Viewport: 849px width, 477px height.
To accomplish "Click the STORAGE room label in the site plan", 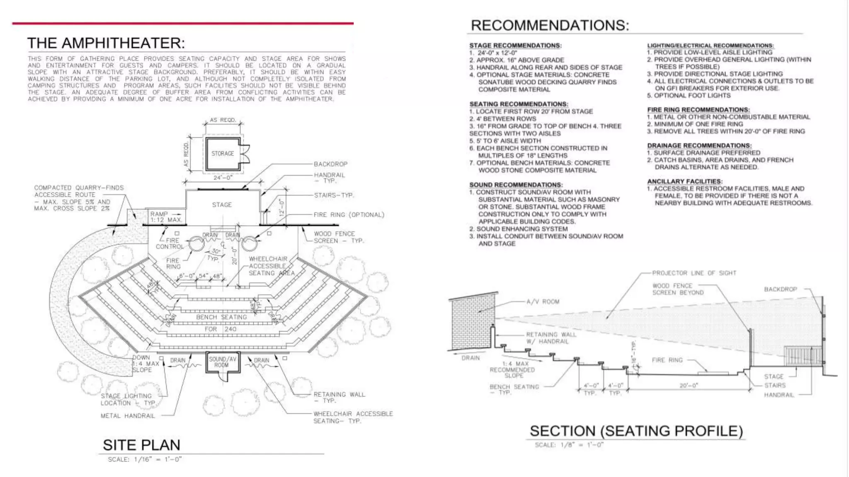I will [223, 154].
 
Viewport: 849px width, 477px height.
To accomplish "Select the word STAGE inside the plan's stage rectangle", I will [222, 205].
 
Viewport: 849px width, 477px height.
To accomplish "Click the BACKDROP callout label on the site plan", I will [330, 164].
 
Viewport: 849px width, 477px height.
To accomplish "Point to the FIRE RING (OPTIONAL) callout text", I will [349, 215].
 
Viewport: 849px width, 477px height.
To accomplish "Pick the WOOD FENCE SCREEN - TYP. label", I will [338, 237].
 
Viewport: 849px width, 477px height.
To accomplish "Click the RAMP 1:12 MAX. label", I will [165, 217].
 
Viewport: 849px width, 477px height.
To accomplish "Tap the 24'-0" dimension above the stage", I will [223, 178].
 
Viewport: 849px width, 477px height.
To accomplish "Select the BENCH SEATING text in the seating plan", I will [221, 317].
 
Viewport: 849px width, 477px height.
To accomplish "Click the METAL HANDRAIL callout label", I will [128, 416].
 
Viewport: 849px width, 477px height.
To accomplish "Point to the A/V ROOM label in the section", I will [543, 302].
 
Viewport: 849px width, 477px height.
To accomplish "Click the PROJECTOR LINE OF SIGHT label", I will [694, 273].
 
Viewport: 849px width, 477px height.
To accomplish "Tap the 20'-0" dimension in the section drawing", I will [689, 385].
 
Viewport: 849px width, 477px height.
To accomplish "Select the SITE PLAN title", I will [141, 445].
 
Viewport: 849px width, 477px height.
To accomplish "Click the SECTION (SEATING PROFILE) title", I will [636, 431].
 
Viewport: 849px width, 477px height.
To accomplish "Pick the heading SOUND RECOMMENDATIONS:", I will [516, 185].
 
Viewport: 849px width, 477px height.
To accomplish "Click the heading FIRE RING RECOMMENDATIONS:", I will [698, 110].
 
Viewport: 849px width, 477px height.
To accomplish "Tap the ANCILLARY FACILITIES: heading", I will [684, 181].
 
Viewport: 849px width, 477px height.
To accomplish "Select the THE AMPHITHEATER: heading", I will [106, 43].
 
